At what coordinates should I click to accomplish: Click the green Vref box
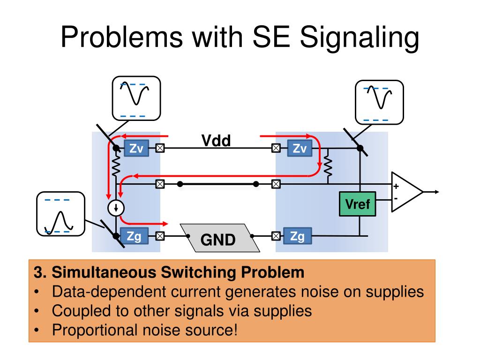click(357, 204)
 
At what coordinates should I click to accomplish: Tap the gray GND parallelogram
click(220, 238)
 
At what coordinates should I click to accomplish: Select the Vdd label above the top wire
click(216, 141)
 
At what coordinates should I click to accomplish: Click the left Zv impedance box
click(136, 148)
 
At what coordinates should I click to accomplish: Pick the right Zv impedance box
click(300, 148)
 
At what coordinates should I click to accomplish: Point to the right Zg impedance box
click(298, 236)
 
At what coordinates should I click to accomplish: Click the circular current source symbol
click(116, 208)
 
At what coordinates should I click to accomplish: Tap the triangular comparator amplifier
click(407, 192)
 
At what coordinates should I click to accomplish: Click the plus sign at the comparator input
click(396, 186)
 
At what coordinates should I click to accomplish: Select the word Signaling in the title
click(360, 38)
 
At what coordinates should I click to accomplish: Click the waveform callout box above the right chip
click(379, 102)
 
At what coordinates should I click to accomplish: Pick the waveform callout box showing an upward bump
click(60, 214)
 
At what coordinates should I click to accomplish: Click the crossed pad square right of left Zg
click(160, 236)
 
